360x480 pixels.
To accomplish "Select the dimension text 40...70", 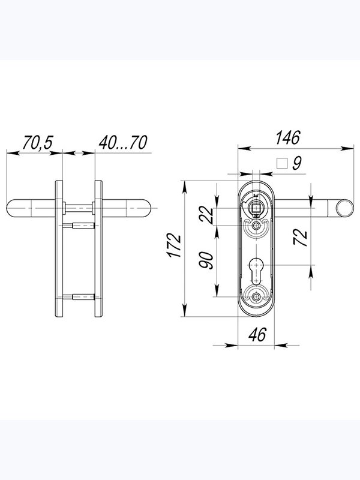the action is (x=123, y=142).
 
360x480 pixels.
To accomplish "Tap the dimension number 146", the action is (x=288, y=137).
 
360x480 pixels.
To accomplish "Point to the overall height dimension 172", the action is (x=175, y=245).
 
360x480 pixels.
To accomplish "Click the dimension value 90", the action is (x=206, y=260).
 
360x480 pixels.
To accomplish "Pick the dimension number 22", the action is (x=206, y=215).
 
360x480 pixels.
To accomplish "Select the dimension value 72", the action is (x=301, y=237).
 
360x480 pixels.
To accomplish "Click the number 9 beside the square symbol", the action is (x=297, y=163).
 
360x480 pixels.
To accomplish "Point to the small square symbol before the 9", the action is (x=282, y=163).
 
